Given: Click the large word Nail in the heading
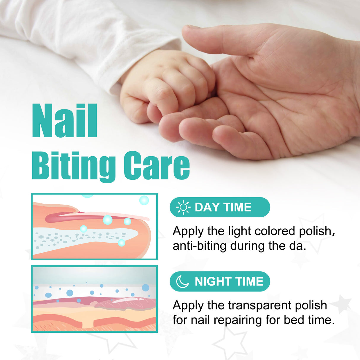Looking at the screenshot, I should [x=65, y=121].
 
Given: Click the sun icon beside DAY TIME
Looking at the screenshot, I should [x=183, y=207].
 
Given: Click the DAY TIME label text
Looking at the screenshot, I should [x=223, y=207].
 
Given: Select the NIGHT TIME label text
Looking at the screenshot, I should [x=229, y=281].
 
